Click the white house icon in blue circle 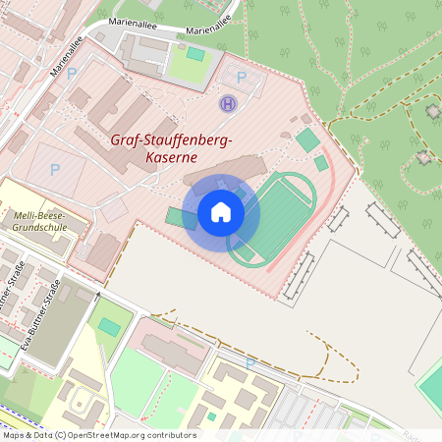(221, 211)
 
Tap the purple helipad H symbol (229, 102)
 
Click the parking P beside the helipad (243, 78)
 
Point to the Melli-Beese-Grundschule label (39, 220)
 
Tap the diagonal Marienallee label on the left (69, 59)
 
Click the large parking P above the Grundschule (55, 169)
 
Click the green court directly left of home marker (180, 217)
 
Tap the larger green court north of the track (307, 140)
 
